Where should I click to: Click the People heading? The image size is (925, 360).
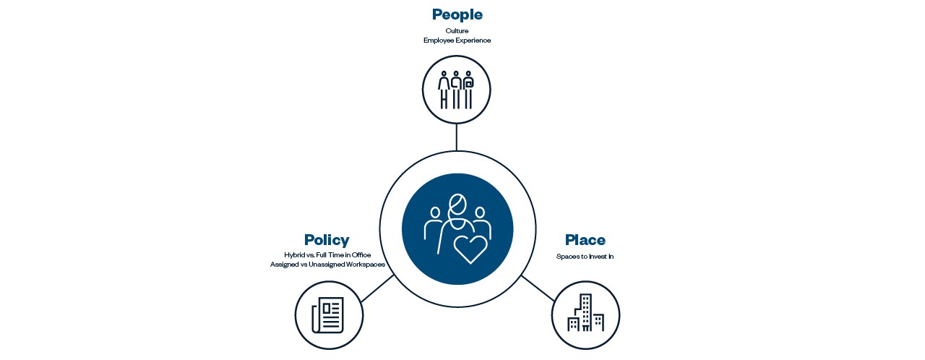coord(457,14)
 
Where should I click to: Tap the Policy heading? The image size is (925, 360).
coord(327,240)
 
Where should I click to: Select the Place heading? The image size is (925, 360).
coord(585,240)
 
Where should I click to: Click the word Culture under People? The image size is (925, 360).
coord(457,30)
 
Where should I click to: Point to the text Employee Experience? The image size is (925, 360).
coord(457,40)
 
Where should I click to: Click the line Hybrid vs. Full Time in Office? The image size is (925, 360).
coord(327,254)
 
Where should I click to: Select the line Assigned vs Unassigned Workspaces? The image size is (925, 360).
coord(327,265)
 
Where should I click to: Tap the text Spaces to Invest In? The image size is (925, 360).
coord(585,257)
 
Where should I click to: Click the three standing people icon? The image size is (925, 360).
coord(456,90)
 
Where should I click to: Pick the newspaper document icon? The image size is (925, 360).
coord(328,315)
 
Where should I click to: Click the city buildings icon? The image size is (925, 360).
coord(585,312)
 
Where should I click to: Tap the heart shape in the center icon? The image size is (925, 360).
coord(470,249)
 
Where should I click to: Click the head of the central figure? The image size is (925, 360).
coord(457,205)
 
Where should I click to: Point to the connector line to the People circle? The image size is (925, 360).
coord(456,137)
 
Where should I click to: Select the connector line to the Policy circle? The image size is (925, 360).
coord(377,288)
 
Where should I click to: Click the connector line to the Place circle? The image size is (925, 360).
coord(538,288)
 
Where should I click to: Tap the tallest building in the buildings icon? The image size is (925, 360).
coord(586,312)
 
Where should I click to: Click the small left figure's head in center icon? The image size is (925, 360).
coord(435,213)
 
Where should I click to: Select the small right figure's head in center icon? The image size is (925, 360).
coord(479,213)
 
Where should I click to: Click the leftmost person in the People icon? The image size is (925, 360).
coord(444,90)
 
